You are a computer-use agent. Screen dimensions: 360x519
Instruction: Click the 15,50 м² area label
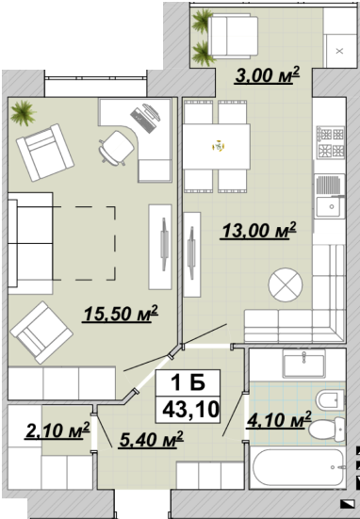click(121, 314)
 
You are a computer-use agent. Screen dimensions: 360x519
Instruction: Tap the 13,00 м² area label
click(258, 231)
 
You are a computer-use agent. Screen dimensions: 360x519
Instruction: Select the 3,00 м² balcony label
click(268, 75)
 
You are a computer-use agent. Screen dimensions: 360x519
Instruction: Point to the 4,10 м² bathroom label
click(279, 420)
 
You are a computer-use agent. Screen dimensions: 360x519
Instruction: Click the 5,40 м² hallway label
click(152, 440)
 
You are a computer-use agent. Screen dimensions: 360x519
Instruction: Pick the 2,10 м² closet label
click(57, 431)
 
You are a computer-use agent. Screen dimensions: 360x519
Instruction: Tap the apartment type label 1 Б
click(188, 383)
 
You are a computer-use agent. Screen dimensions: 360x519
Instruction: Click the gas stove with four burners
click(331, 142)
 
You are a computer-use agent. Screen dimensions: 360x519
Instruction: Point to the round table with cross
click(286, 284)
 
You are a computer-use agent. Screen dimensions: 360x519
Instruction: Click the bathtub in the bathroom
click(299, 467)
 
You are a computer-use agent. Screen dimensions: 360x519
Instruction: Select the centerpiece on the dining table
click(219, 146)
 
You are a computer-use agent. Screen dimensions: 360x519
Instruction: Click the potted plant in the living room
click(23, 113)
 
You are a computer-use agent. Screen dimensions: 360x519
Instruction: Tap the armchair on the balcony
click(233, 37)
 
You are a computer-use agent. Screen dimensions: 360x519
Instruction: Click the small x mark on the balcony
click(339, 51)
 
